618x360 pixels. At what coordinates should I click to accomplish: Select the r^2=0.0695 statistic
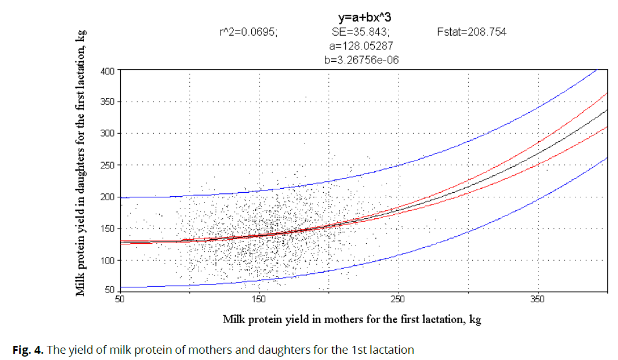[x=248, y=32]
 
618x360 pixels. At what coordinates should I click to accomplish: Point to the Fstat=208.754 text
[x=472, y=32]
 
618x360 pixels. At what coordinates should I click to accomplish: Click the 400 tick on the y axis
[x=108, y=71]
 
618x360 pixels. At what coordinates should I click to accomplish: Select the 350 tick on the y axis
[x=108, y=102]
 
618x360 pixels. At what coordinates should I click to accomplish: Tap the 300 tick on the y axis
[x=108, y=134]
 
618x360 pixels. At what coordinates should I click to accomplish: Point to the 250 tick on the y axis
[x=108, y=166]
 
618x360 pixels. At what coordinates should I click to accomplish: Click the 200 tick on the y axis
[x=108, y=197]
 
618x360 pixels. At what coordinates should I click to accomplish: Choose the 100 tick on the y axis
[x=108, y=261]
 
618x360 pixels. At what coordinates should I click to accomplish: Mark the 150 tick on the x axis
[x=259, y=299]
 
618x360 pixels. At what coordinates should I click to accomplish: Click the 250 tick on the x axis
[x=398, y=299]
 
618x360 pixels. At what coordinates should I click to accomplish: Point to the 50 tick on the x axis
[x=120, y=299]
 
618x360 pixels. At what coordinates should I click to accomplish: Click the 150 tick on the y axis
[x=108, y=229]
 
